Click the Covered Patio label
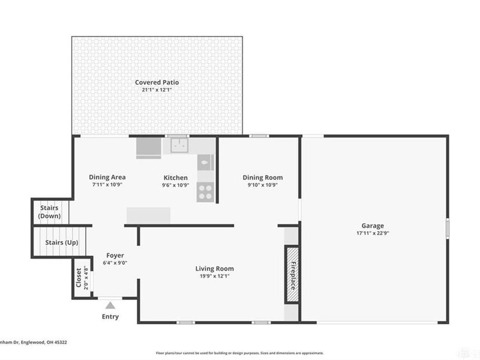click(157, 82)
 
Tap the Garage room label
click(373, 226)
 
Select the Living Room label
click(214, 268)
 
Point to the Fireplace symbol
click(292, 275)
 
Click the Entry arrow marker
click(110, 305)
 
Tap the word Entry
click(110, 317)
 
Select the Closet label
click(79, 277)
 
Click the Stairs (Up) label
click(61, 243)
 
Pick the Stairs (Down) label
click(49, 212)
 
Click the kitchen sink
click(179, 145)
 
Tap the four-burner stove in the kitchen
click(205, 191)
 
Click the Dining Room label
click(262, 178)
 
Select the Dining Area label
click(107, 177)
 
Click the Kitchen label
click(176, 178)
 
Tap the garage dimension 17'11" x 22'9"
click(373, 233)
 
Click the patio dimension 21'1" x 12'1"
click(157, 90)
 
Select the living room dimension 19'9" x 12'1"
click(214, 276)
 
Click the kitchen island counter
click(148, 215)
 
